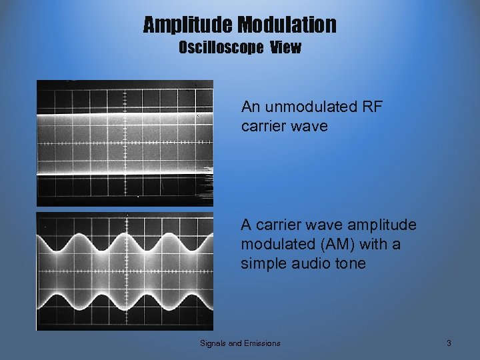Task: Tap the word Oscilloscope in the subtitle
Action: (x=221, y=48)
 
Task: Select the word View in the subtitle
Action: (x=285, y=48)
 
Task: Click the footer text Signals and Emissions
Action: (x=240, y=343)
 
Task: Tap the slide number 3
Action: (x=449, y=343)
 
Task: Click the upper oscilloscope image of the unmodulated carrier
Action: (x=125, y=143)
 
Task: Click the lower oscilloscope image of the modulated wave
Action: (x=125, y=271)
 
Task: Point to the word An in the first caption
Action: (x=251, y=107)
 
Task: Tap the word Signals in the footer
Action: (x=213, y=343)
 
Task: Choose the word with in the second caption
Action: (x=366, y=245)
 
